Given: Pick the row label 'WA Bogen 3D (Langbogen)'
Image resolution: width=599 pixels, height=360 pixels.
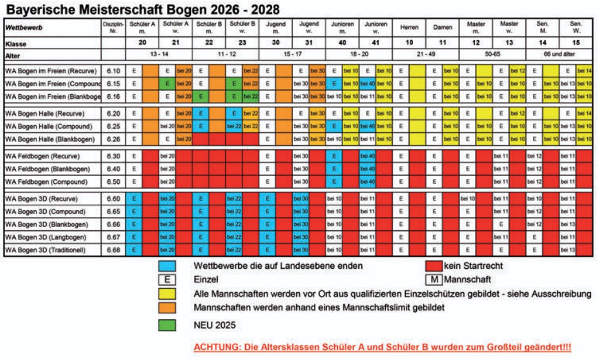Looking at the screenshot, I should [x=46, y=237].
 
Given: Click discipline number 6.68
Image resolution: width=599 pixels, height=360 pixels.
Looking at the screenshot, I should [x=113, y=250].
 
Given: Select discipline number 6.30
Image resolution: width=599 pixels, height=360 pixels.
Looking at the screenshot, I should [x=113, y=156].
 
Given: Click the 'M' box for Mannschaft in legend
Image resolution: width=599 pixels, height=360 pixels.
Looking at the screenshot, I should [x=434, y=280].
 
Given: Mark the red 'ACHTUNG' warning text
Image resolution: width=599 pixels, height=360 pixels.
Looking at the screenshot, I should [x=381, y=348].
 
